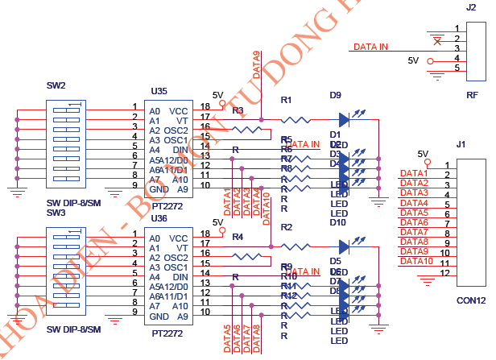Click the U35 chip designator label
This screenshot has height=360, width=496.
coord(159,93)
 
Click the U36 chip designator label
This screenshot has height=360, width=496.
coord(159,218)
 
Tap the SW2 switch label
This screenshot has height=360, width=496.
coord(56,85)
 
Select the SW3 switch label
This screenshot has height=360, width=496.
coord(56,212)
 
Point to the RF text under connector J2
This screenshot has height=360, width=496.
coord(473,95)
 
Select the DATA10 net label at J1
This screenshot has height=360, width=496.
coord(417,261)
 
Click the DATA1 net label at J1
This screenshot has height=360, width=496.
coord(415,174)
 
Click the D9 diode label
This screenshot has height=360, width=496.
coord(336,95)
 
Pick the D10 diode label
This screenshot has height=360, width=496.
coord(337,222)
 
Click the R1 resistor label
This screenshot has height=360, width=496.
coord(286,100)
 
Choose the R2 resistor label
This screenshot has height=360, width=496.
coord(286,228)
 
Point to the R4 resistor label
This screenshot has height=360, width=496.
coord(238,237)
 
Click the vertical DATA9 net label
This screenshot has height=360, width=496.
coord(257,64)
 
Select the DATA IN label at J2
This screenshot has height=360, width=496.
coord(370,47)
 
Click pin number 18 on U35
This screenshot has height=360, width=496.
coord(205,106)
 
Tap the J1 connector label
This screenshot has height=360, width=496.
coord(461,145)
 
